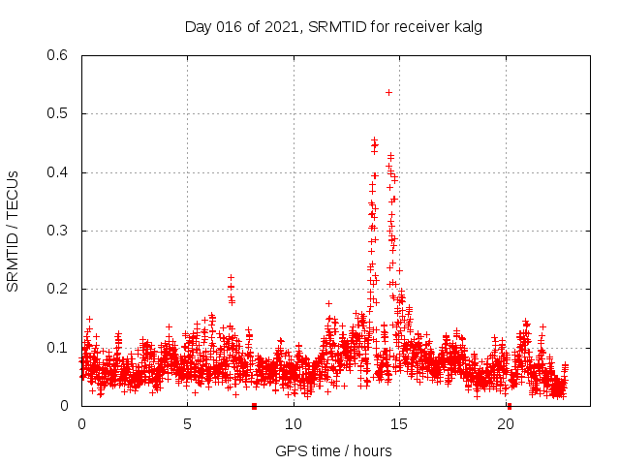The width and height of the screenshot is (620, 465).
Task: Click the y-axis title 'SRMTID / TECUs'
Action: coord(14,231)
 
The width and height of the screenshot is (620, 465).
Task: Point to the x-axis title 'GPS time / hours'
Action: coord(333,450)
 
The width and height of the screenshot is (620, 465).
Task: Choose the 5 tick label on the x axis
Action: coord(188,423)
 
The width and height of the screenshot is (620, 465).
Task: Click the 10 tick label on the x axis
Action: coord(294,423)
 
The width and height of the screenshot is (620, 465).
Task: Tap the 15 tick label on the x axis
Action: coord(400,423)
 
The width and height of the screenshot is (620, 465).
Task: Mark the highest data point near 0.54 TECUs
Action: coord(388,92)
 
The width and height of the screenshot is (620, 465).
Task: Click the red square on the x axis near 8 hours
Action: coord(254,406)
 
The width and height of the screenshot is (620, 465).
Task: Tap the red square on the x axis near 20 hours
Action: coord(510,406)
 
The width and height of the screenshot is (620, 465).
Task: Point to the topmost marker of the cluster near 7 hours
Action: coord(231,277)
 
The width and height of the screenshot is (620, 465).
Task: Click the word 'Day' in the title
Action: coord(198,26)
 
